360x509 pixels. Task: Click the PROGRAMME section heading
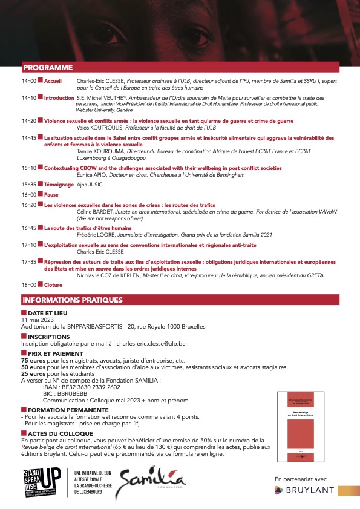[47, 67]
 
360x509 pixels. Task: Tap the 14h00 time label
[29, 80]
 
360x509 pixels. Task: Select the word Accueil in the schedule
[53, 80]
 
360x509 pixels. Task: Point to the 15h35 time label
[29, 184]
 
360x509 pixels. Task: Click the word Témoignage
[59, 184]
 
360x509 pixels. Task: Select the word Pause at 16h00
[51, 194]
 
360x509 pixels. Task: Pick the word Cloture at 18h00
[53, 284]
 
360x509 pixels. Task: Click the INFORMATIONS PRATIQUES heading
[69, 300]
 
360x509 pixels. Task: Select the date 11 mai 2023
[38, 318]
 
